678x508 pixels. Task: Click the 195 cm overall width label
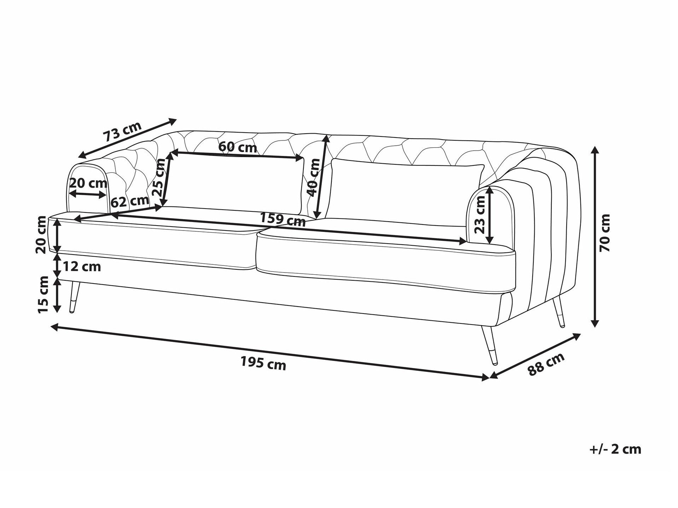263,363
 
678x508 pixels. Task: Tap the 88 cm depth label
546,364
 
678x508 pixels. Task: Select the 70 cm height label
605,233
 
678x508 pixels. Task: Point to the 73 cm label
122,131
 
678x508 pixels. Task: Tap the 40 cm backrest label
313,177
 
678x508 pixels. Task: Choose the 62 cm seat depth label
130,201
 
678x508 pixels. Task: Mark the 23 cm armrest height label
480,215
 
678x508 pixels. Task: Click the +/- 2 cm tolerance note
615,449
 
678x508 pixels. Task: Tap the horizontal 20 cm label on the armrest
88,183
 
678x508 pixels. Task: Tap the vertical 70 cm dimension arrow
595,237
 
